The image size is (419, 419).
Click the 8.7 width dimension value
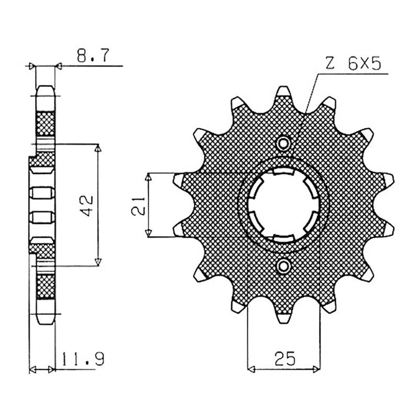click(x=93, y=56)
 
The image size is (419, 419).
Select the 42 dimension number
click(x=86, y=205)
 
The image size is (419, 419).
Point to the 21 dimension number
click(x=138, y=206)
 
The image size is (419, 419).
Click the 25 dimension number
click(x=284, y=358)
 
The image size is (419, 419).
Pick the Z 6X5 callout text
click(x=352, y=64)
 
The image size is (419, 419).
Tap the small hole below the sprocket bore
click(x=284, y=266)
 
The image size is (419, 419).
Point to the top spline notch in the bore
click(x=283, y=171)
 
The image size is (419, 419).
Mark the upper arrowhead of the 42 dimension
click(x=98, y=148)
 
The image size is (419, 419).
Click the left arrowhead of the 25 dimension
click(x=252, y=370)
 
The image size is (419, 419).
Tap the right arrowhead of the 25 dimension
click(x=316, y=370)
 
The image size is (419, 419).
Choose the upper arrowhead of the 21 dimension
click(x=149, y=177)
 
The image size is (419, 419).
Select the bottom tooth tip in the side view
click(x=46, y=323)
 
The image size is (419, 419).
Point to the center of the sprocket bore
click(x=283, y=205)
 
